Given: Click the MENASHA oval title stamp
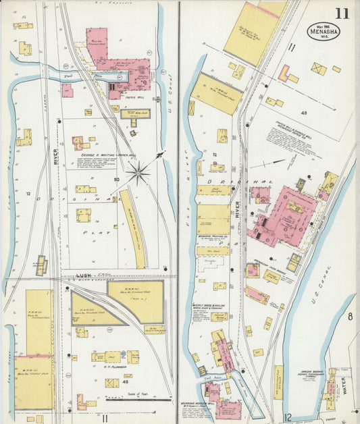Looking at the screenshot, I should [x=324, y=31].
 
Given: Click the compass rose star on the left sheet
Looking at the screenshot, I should [x=138, y=174].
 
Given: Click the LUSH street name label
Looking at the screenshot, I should [x=84, y=276].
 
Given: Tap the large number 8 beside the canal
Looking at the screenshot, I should [x=350, y=316].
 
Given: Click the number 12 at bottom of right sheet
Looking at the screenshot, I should [x=288, y=417].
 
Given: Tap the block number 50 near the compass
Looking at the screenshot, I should [x=117, y=179].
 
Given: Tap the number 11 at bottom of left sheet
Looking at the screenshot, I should [x=105, y=418].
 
